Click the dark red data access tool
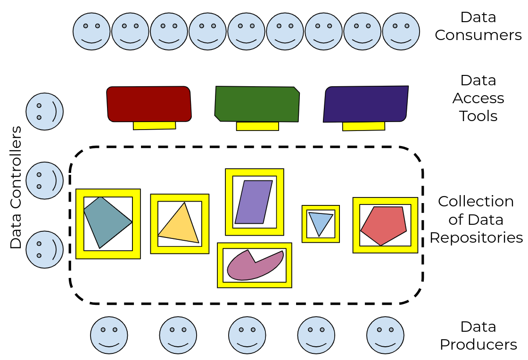click(x=148, y=104)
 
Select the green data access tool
click(x=257, y=104)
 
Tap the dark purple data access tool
click(x=365, y=104)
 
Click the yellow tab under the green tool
click(x=257, y=126)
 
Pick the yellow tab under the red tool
click(x=154, y=125)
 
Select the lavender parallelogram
click(x=254, y=202)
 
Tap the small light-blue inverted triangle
click(x=320, y=222)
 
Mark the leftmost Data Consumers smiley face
click(x=91, y=32)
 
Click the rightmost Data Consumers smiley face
click(x=401, y=32)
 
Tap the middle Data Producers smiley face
click(x=247, y=335)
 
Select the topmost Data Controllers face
click(x=44, y=111)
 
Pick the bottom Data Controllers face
click(x=44, y=249)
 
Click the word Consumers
click(x=478, y=35)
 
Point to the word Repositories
click(x=476, y=237)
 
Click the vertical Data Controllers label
click(x=16, y=188)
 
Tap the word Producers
click(x=478, y=344)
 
